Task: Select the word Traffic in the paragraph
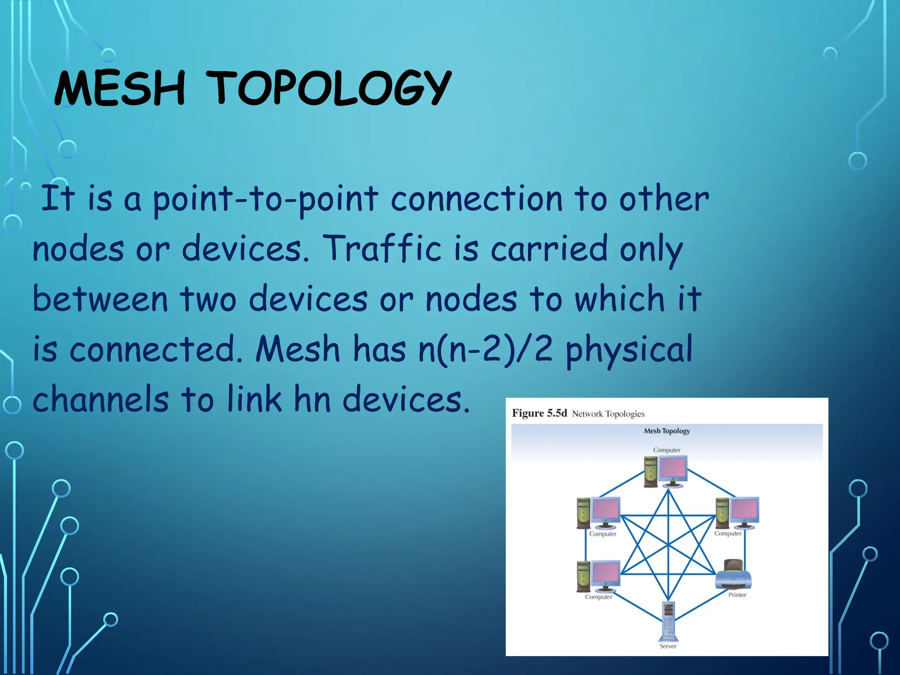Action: point(381,249)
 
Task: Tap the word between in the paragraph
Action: point(100,299)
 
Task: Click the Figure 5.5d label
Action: point(539,413)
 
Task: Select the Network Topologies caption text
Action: point(608,414)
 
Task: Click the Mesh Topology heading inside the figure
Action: point(667,431)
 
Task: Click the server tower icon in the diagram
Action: point(668,621)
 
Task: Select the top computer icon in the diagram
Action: point(665,472)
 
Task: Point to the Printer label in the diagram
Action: point(737,595)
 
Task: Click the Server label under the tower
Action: point(668,646)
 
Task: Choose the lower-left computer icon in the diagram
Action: point(599,576)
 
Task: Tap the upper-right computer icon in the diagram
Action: point(737,512)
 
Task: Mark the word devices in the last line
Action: point(406,399)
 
